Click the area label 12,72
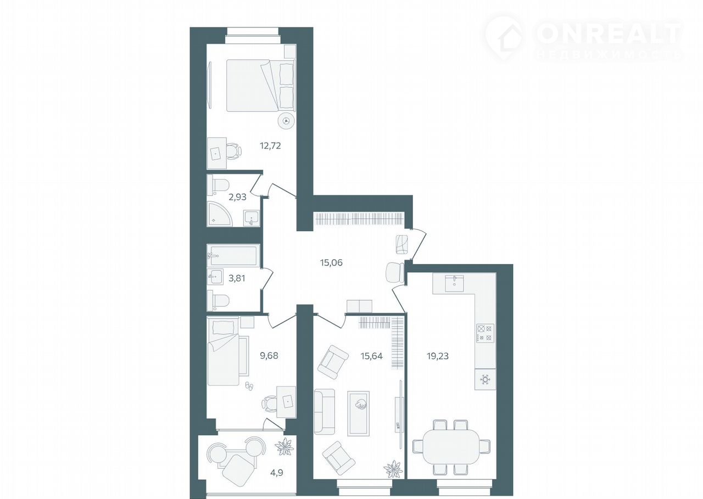pyautogui.click(x=270, y=146)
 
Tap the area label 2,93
pyautogui.click(x=237, y=197)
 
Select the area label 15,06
pyautogui.click(x=331, y=262)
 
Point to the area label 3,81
pyautogui.click(x=237, y=278)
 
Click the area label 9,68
pyautogui.click(x=269, y=356)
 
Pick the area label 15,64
pyautogui.click(x=372, y=356)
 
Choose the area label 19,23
pyautogui.click(x=438, y=356)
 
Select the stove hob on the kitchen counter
pyautogui.click(x=485, y=333)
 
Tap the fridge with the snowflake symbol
pyautogui.click(x=485, y=380)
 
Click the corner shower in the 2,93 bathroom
pyautogui.click(x=220, y=214)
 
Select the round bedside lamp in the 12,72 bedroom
pyautogui.click(x=286, y=120)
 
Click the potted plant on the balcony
pyautogui.click(x=284, y=447)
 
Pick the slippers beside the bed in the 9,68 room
pyautogui.click(x=249, y=386)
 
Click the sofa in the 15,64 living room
pyautogui.click(x=325, y=412)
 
